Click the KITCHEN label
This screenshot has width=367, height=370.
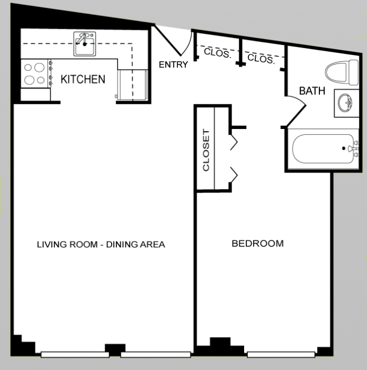(82, 80)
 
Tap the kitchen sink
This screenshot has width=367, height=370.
(84, 45)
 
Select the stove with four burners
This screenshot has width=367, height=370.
(34, 74)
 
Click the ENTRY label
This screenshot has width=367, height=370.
(174, 66)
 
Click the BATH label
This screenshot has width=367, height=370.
(311, 91)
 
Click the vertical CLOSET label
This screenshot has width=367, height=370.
(205, 149)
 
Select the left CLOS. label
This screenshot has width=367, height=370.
(217, 54)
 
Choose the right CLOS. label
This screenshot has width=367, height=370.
(262, 59)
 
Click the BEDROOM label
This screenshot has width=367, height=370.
(257, 244)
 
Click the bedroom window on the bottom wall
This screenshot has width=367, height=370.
(280, 353)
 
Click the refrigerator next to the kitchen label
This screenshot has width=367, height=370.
(132, 85)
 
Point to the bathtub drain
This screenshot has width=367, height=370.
(343, 149)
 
